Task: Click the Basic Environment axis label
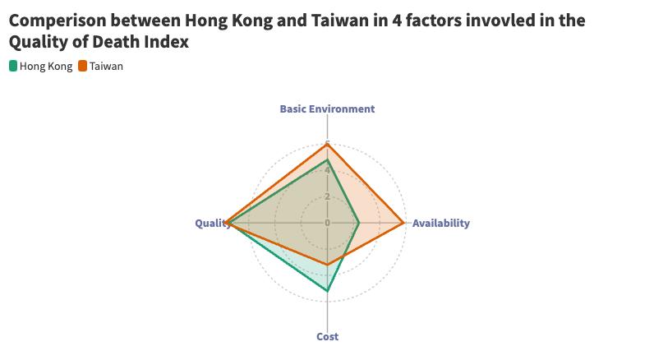(327, 108)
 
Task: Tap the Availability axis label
(440, 223)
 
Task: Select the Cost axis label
(327, 336)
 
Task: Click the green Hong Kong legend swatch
(13, 66)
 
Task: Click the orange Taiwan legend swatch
(83, 66)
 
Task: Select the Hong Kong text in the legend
(46, 66)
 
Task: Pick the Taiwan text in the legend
(107, 66)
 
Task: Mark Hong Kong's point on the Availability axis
(359, 223)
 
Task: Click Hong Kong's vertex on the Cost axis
(327, 291)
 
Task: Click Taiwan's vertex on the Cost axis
(327, 265)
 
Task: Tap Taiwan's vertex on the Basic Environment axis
(327, 145)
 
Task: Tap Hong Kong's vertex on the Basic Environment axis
(327, 159)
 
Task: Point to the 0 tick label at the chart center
(327, 223)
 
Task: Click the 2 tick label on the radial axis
(327, 196)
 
